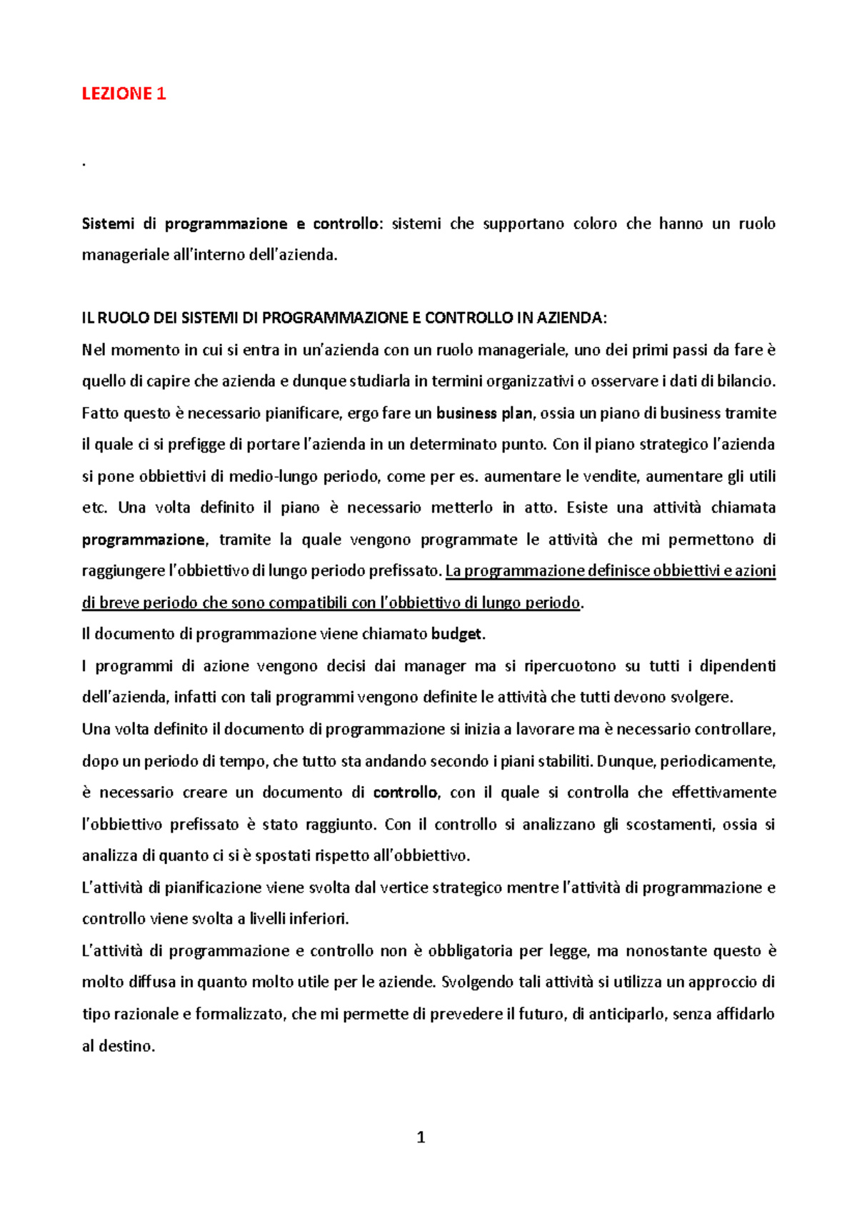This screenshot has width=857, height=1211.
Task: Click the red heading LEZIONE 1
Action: (x=124, y=94)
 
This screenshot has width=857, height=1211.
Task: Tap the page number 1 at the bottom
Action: (x=421, y=1137)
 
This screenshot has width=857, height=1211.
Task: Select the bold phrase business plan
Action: (x=484, y=413)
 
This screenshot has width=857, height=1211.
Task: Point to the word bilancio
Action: (x=746, y=381)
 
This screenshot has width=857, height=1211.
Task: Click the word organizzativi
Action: (x=530, y=381)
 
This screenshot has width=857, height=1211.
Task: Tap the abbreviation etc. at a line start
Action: (x=94, y=508)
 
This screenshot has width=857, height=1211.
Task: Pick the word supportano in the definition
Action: (x=523, y=224)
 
